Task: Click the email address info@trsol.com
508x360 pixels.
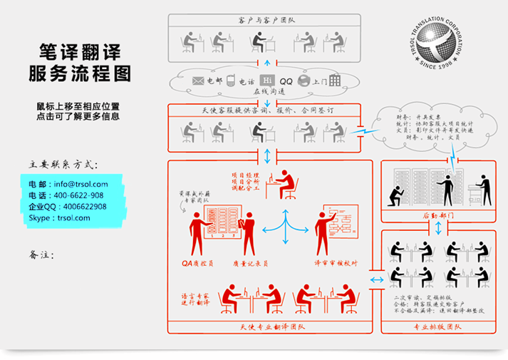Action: (x=78, y=184)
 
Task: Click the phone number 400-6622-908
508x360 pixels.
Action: (x=76, y=195)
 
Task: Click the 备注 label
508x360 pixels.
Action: (x=42, y=254)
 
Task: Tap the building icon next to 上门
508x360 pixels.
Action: (x=335, y=81)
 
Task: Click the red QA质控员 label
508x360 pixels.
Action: (x=197, y=262)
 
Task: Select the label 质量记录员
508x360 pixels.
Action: (x=250, y=262)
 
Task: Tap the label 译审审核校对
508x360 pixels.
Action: (x=335, y=262)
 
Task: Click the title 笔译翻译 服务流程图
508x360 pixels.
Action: (x=79, y=63)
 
